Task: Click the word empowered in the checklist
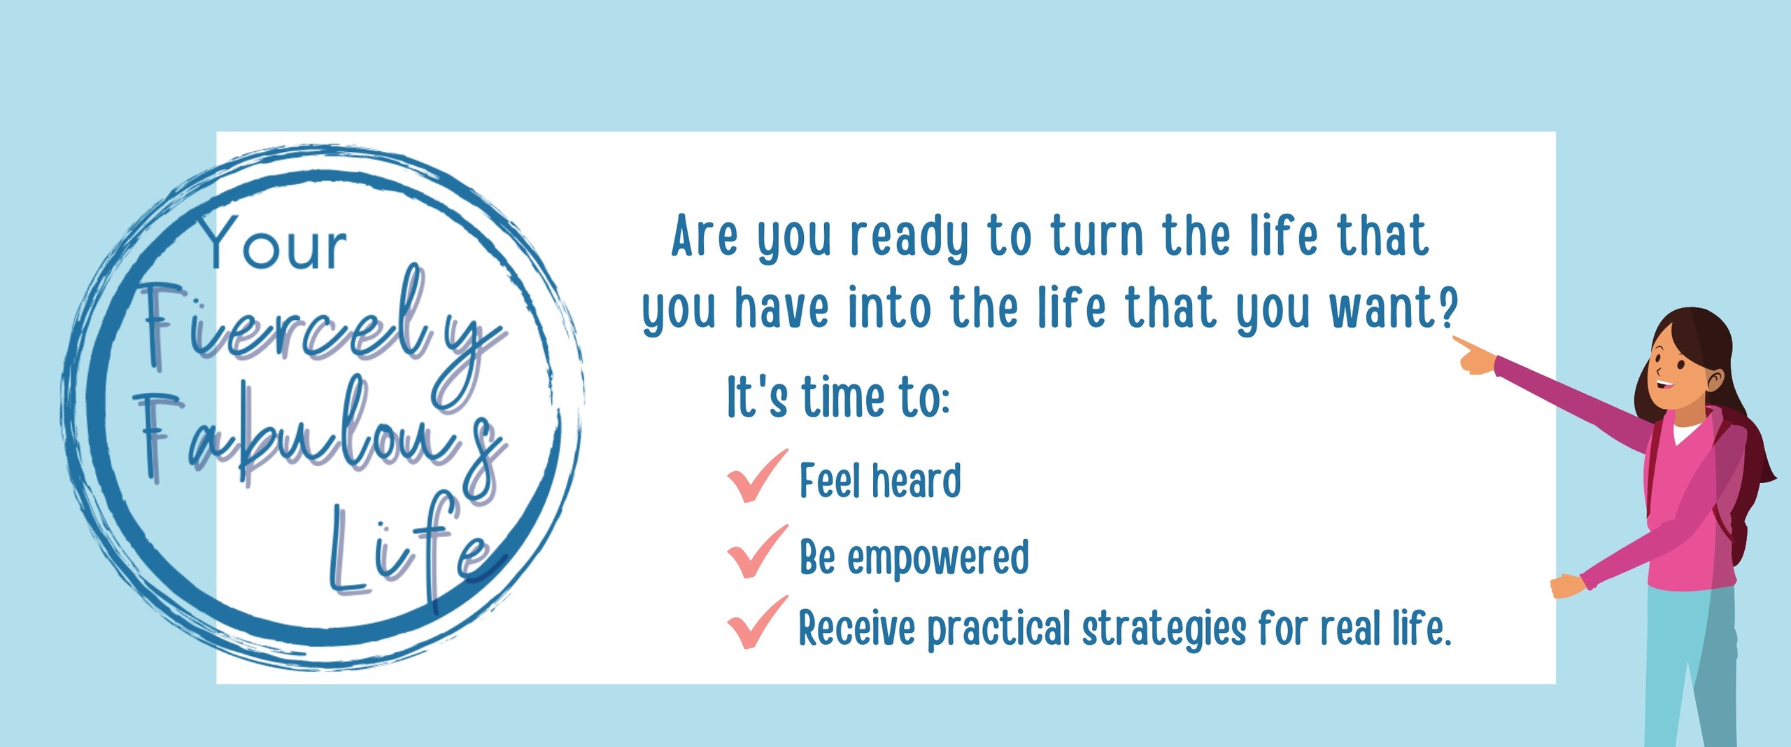(938, 557)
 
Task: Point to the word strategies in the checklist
(1164, 628)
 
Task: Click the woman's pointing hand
(1475, 357)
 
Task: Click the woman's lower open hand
(1568, 586)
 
